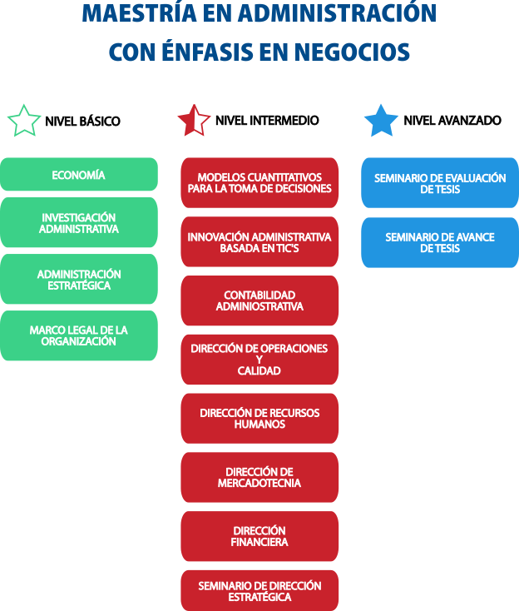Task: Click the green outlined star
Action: click(24, 121)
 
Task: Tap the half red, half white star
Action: click(195, 121)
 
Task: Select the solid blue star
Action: click(381, 121)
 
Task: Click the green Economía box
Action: click(78, 175)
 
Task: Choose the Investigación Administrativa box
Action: click(78, 222)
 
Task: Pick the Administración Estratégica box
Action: click(78, 280)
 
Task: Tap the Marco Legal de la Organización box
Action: click(78, 335)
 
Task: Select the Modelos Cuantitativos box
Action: click(259, 183)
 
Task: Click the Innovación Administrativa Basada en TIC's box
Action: click(259, 242)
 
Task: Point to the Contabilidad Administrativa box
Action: click(259, 301)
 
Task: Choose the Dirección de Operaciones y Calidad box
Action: click(259, 360)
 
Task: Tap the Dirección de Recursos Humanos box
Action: click(259, 418)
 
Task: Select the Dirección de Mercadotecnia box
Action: click(259, 477)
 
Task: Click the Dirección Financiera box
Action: click(259, 536)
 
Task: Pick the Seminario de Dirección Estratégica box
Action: click(259, 591)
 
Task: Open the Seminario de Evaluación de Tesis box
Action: click(439, 183)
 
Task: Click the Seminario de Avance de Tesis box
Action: click(439, 242)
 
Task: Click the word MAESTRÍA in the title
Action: click(141, 14)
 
